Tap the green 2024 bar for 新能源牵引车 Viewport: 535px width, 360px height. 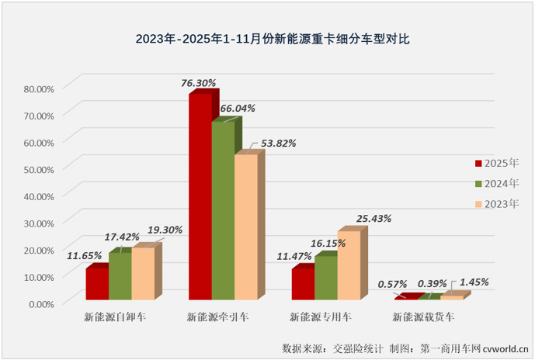[223, 209]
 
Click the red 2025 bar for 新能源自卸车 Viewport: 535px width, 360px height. [96, 283]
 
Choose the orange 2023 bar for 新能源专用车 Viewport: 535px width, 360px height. [349, 265]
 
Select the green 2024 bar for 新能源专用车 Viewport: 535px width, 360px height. [325, 277]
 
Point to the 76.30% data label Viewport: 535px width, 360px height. [197, 81]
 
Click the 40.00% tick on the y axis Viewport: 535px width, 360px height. [38, 196]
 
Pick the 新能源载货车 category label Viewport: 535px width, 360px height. [423, 317]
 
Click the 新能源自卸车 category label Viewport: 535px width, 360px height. [116, 317]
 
